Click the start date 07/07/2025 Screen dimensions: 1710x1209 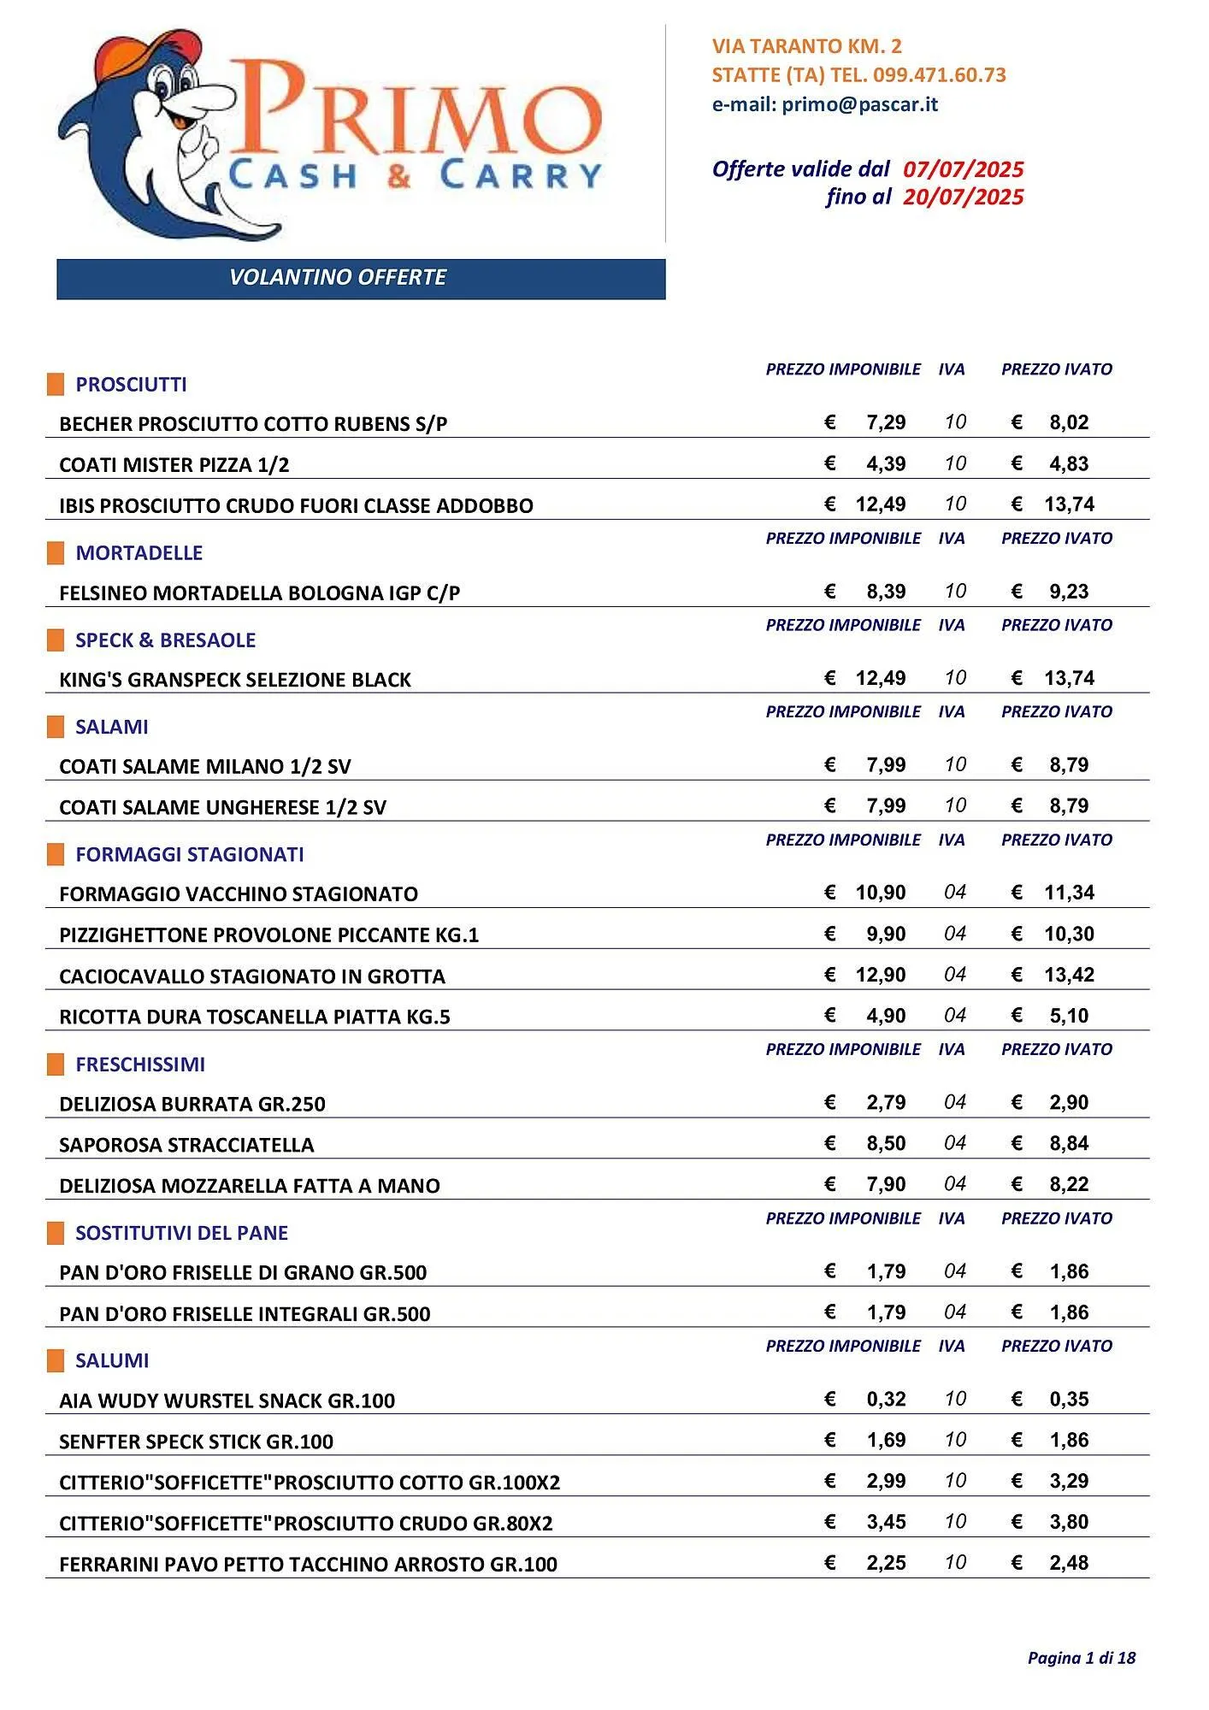pos(963,169)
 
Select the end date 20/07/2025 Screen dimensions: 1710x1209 pos(963,198)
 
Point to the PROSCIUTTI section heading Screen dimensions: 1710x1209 pos(131,385)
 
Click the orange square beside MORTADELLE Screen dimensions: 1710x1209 pos(56,553)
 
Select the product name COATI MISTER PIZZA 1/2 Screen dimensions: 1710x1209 pos(174,465)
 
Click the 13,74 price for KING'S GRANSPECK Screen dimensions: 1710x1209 pos(1069,679)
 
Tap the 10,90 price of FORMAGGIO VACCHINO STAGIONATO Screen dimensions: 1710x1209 pos(880,893)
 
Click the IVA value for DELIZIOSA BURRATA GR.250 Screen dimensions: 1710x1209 pos(955,1103)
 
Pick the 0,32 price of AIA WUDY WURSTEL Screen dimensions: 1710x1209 pos(886,1400)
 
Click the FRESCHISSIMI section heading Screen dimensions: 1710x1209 pos(140,1064)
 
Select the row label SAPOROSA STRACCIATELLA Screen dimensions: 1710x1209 pos(186,1146)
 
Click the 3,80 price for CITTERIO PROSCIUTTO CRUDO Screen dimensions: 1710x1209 pos(1069,1523)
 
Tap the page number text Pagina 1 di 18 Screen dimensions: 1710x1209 pos(1081,1659)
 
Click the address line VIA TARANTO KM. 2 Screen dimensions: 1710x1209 pos(806,46)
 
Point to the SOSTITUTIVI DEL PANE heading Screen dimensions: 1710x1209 pos(181,1233)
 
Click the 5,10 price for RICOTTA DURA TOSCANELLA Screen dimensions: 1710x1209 pos(1069,1017)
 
